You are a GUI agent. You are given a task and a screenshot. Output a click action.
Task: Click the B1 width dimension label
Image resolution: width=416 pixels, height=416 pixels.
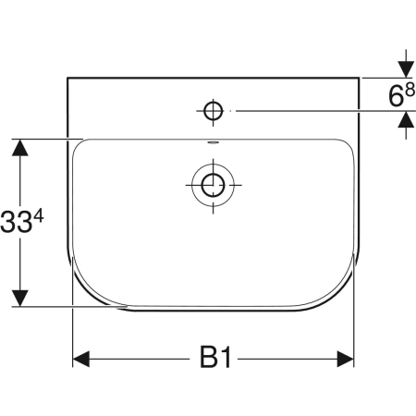[x=215, y=357]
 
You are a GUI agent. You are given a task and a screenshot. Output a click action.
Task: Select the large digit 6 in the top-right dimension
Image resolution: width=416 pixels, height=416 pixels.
[x=396, y=96]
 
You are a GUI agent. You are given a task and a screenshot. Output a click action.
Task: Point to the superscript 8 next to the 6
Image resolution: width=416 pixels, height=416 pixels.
[x=410, y=91]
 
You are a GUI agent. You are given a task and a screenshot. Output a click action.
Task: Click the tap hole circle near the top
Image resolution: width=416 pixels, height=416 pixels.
[x=213, y=111]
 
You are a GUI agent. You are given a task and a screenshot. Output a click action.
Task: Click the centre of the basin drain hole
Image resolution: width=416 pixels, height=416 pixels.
[x=213, y=185]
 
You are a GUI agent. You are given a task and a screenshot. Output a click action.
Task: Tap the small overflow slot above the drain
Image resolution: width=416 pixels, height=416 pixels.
[x=213, y=142]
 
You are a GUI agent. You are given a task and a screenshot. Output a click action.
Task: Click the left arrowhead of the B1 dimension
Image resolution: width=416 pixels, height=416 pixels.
[x=81, y=359]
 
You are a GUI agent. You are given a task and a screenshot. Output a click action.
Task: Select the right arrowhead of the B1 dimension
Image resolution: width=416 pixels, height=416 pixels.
[x=346, y=359]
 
